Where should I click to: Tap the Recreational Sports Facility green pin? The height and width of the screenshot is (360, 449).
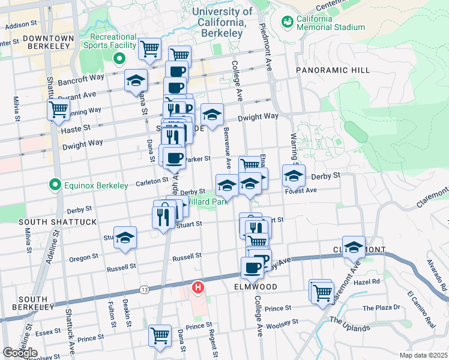pos(119,59)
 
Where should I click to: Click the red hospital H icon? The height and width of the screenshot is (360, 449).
pos(197,288)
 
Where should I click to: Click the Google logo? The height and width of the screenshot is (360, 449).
pos(20,352)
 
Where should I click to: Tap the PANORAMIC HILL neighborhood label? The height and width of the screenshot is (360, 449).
pos(333,70)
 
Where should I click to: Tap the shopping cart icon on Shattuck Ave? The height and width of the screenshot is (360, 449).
pos(58,109)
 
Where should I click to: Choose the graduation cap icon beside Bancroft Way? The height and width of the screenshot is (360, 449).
pos(136,80)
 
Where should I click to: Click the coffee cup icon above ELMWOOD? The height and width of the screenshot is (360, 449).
pos(252,268)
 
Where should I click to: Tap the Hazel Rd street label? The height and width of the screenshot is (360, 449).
pos(367,281)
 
